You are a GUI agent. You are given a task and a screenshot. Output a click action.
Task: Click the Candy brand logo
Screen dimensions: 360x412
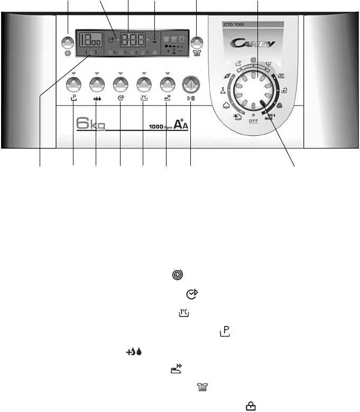click(253, 43)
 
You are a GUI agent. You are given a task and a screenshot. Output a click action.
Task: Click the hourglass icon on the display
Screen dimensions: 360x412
click(154, 39)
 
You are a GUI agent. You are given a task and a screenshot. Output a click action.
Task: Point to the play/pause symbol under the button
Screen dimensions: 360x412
click(190, 98)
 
